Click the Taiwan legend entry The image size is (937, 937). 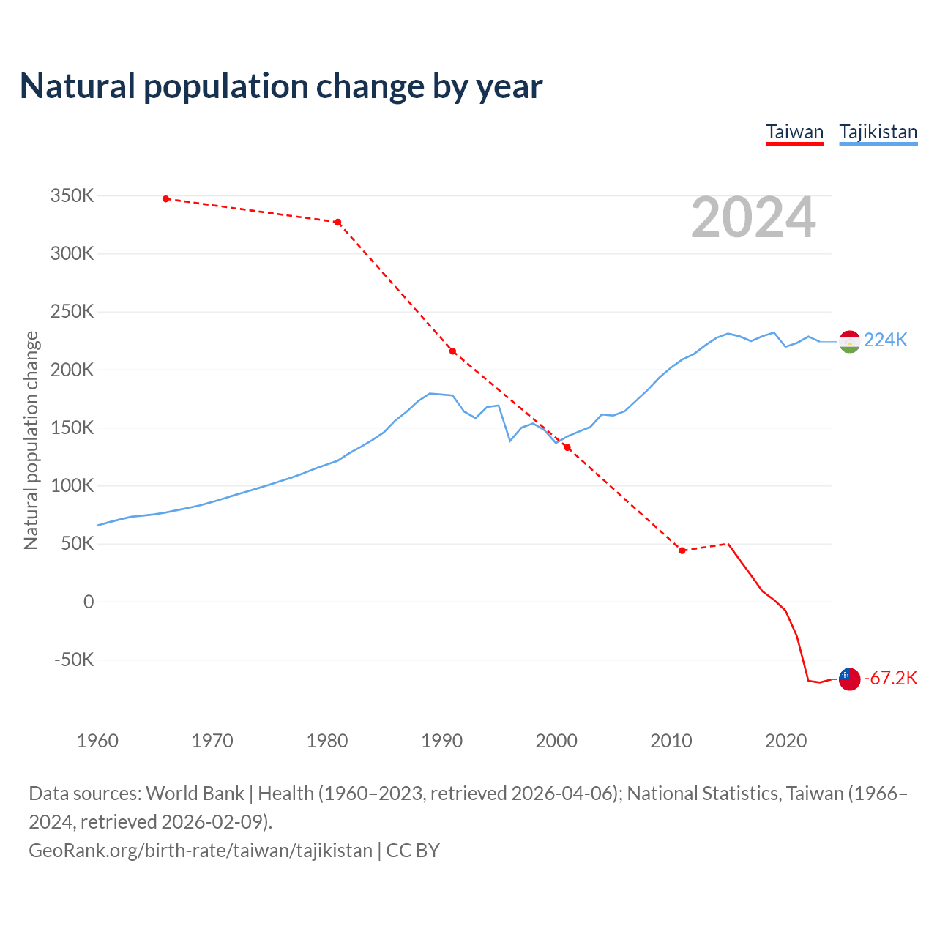click(x=794, y=132)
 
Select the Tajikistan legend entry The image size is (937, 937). click(x=878, y=132)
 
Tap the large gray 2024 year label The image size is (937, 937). click(x=753, y=217)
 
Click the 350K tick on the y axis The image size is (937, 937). click(x=72, y=196)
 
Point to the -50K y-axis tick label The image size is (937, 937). click(x=74, y=660)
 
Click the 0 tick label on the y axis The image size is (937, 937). click(x=89, y=602)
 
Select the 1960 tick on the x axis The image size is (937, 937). click(x=97, y=741)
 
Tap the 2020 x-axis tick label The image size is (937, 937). click(x=785, y=741)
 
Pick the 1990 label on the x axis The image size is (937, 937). click(x=441, y=741)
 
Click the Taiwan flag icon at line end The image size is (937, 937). click(x=849, y=679)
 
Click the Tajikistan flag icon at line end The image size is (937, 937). click(x=849, y=341)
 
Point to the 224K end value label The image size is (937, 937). click(x=886, y=340)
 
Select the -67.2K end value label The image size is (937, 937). click(x=890, y=678)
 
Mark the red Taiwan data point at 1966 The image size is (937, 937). click(x=166, y=198)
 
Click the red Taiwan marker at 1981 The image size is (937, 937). click(x=338, y=222)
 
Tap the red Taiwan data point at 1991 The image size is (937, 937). click(x=452, y=351)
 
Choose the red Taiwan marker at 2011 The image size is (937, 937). click(x=682, y=550)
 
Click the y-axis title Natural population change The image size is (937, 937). click(x=31, y=440)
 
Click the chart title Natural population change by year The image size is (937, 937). click(x=281, y=86)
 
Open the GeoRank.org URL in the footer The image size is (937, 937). click(x=201, y=850)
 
